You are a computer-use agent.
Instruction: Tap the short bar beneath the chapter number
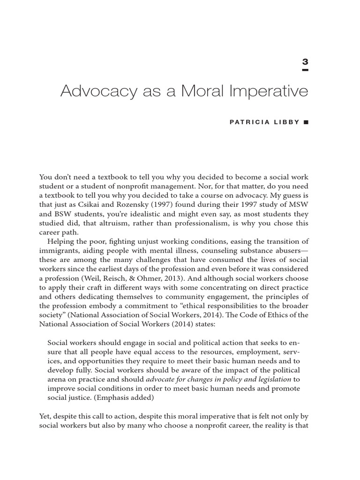click(305, 70)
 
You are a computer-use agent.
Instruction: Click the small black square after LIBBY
click(306, 122)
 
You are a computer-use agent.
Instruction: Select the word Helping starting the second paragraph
click(62, 241)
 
